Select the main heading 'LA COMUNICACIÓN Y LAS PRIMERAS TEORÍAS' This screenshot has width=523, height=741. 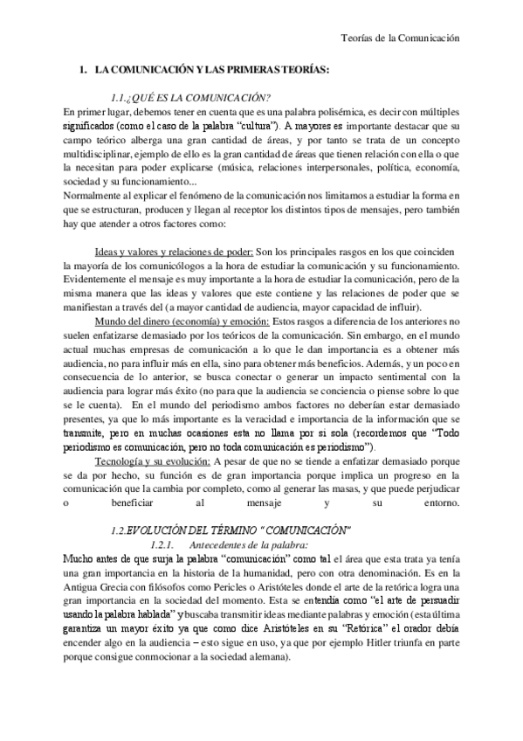point(211,68)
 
